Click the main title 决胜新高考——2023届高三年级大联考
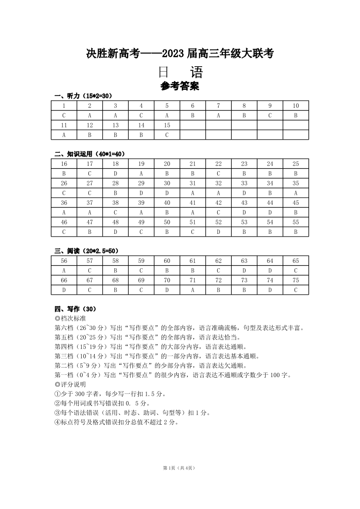(180, 54)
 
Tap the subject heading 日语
(180, 73)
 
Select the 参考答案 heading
(180, 86)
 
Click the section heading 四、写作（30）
(75, 309)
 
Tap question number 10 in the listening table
(296, 106)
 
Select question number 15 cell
(167, 125)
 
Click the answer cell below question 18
(116, 174)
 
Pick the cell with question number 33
(244, 183)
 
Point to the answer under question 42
(219, 212)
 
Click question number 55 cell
(296, 222)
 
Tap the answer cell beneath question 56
(64, 271)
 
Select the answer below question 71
(193, 290)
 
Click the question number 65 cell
(296, 261)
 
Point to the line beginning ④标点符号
(116, 422)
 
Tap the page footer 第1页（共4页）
(180, 468)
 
